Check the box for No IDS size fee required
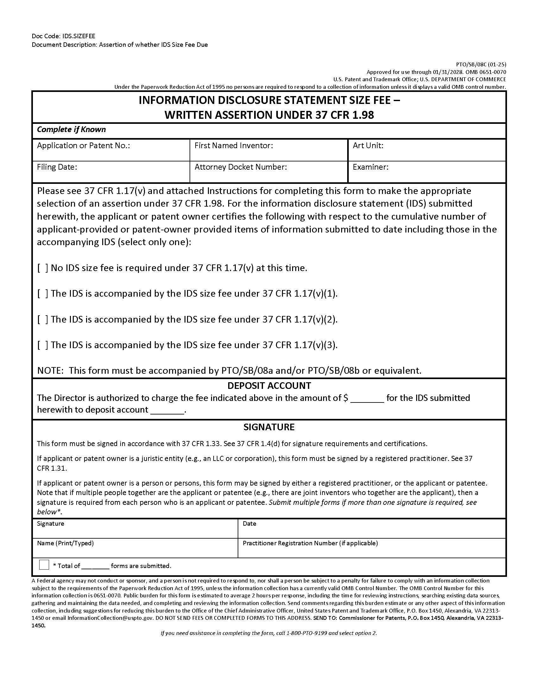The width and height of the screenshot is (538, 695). [43, 268]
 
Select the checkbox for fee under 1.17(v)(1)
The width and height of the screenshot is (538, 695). [43, 294]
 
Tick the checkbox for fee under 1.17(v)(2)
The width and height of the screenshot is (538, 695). [43, 319]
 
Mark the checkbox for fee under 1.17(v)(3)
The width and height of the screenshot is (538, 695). [43, 345]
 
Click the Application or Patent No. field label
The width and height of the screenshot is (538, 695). [84, 146]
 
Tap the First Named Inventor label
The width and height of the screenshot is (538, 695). [234, 146]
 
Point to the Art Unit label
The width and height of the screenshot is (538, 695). [368, 146]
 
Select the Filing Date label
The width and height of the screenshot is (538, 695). [57, 167]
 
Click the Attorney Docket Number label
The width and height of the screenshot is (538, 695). [241, 167]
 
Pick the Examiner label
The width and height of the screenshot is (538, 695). [370, 167]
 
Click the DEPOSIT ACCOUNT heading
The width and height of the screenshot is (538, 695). [269, 386]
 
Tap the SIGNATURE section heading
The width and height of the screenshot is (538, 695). [269, 427]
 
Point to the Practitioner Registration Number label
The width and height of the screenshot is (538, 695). [310, 543]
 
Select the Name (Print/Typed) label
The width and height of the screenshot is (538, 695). [65, 543]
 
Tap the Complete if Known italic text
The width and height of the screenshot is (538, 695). [72, 130]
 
